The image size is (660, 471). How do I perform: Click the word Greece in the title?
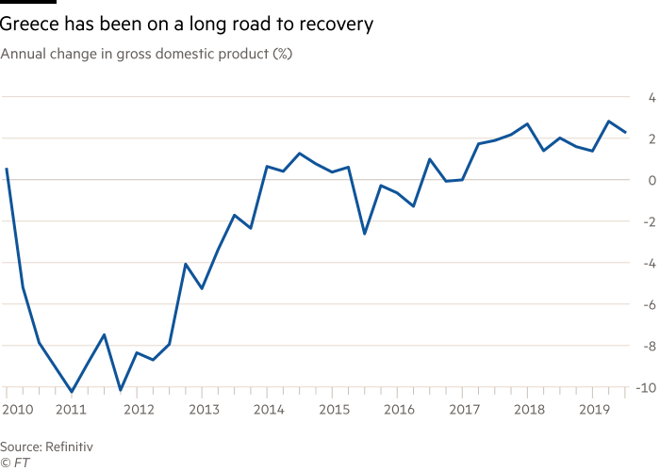(x=29, y=24)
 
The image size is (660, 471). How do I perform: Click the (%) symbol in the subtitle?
(x=283, y=54)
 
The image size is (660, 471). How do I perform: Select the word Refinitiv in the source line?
(x=69, y=447)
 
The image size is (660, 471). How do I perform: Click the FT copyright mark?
(x=15, y=463)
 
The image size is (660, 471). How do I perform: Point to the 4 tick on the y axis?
(x=652, y=98)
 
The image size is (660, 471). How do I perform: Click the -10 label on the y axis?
(x=646, y=388)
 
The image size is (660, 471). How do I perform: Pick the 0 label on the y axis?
(x=652, y=181)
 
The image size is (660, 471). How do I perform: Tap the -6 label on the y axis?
(x=650, y=305)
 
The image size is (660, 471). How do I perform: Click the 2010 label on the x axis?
(x=18, y=409)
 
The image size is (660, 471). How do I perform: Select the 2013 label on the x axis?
(x=205, y=409)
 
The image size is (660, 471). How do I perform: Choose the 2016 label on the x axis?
(x=399, y=409)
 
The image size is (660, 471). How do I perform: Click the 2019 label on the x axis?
(x=594, y=409)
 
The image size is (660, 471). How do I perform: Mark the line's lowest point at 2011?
(x=72, y=392)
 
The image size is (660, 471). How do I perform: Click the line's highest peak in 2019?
(x=609, y=122)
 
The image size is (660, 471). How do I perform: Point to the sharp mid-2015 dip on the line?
(x=365, y=234)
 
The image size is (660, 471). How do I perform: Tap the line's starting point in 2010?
(x=7, y=169)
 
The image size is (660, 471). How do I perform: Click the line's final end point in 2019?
(x=625, y=132)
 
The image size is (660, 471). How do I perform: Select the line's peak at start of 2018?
(x=527, y=124)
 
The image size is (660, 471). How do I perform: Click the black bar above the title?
(x=28, y=2)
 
